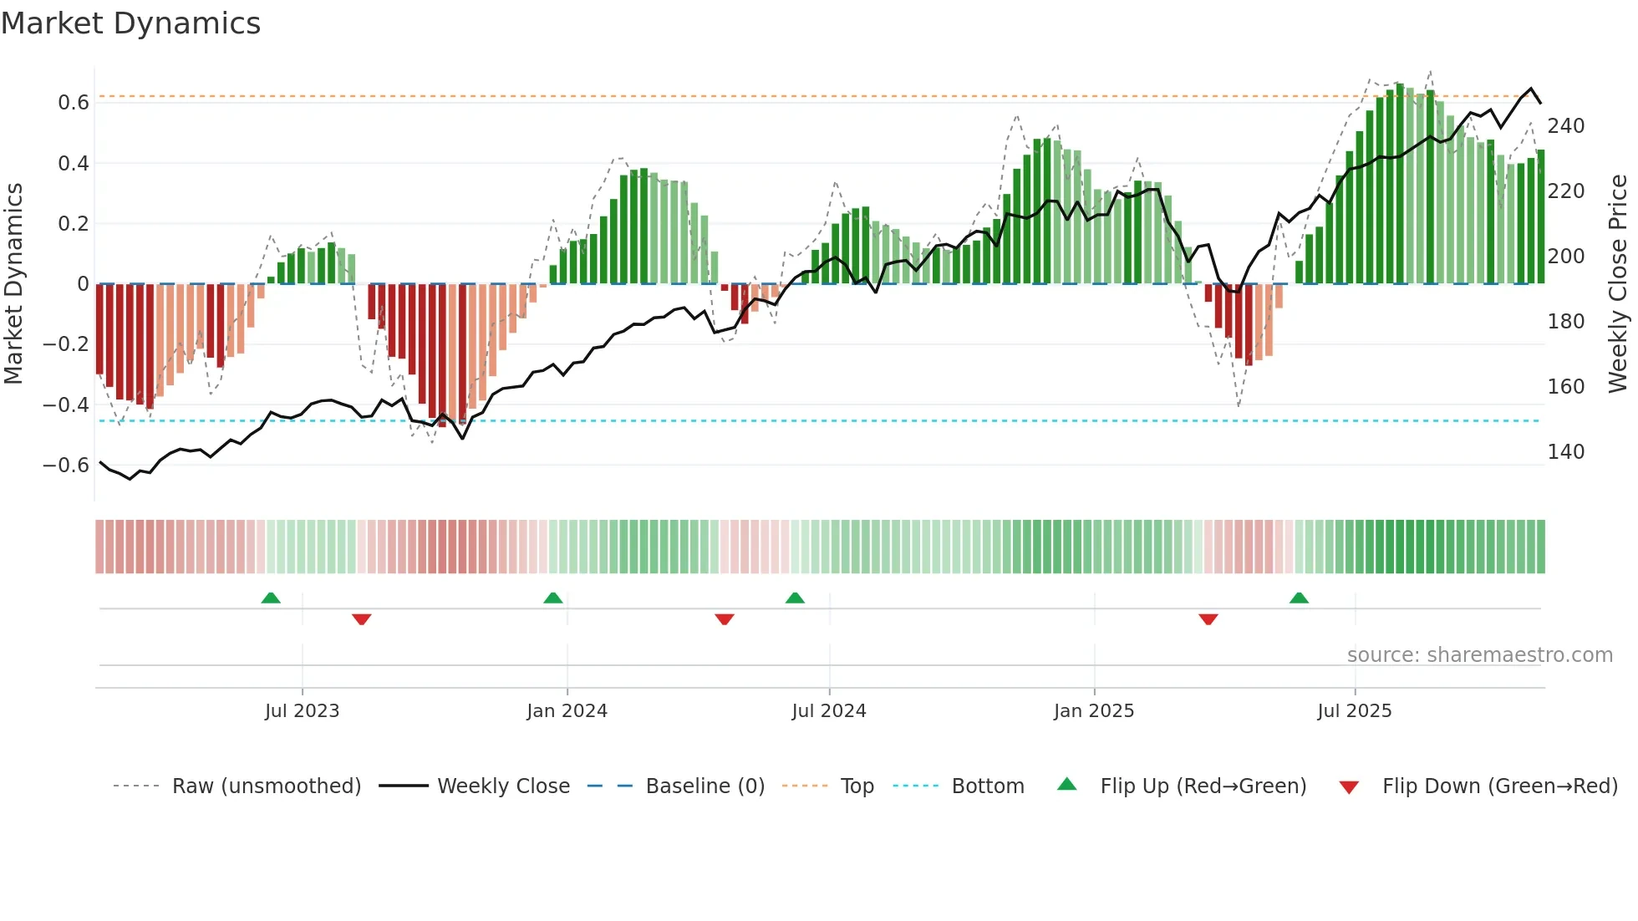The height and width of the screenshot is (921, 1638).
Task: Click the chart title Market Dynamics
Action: pos(131,23)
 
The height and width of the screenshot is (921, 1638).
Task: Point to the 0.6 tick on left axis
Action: pos(73,103)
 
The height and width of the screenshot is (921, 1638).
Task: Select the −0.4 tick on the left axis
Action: pos(66,405)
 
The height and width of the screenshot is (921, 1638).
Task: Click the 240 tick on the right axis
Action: pos(1565,126)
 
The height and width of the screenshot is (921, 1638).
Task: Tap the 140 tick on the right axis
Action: pos(1565,452)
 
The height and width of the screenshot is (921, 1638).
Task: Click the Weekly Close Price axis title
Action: pos(1618,283)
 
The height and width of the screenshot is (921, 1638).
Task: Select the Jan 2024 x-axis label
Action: pos(567,711)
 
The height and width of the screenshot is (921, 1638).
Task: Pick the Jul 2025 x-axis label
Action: pos(1355,711)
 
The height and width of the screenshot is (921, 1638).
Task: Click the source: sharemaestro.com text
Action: pos(1479,655)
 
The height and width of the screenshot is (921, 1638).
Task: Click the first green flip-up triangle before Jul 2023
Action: pos(271,598)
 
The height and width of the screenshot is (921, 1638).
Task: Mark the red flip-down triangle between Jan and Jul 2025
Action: pos(1208,619)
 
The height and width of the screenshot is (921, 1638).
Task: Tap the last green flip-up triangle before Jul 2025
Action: pos(1299,598)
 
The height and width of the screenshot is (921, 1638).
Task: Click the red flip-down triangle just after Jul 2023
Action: pos(362,619)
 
